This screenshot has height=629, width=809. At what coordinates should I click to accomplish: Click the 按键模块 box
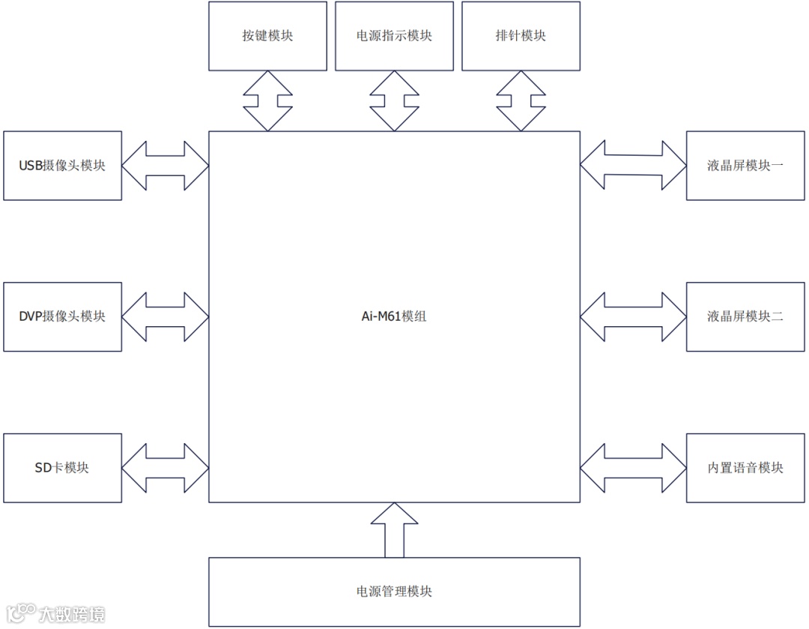(267, 36)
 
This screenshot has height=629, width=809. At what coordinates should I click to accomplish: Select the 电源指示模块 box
(394, 36)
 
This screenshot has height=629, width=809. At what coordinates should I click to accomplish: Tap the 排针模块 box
(521, 36)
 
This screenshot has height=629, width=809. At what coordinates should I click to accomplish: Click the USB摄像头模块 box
(62, 166)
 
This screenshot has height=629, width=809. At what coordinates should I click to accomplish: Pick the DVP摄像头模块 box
(62, 316)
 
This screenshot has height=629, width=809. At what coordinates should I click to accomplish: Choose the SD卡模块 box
(62, 468)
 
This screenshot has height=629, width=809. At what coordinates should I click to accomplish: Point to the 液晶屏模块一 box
(745, 166)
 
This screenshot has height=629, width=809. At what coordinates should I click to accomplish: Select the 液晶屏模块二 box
(745, 316)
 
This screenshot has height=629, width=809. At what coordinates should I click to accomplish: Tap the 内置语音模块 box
(745, 468)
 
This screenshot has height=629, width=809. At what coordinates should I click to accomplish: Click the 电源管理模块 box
(394, 592)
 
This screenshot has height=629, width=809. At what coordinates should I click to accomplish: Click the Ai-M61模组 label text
(394, 316)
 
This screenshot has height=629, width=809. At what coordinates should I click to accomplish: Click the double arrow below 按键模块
(267, 101)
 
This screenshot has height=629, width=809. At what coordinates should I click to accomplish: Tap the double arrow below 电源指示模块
(394, 101)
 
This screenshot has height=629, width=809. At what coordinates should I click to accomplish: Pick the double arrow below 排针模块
(521, 101)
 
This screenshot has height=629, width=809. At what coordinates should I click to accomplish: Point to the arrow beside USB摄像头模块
(165, 166)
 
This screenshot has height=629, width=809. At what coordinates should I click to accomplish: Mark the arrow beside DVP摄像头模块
(165, 316)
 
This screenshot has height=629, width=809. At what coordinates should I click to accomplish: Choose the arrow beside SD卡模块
(165, 468)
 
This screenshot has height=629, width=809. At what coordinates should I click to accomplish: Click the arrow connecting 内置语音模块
(633, 468)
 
